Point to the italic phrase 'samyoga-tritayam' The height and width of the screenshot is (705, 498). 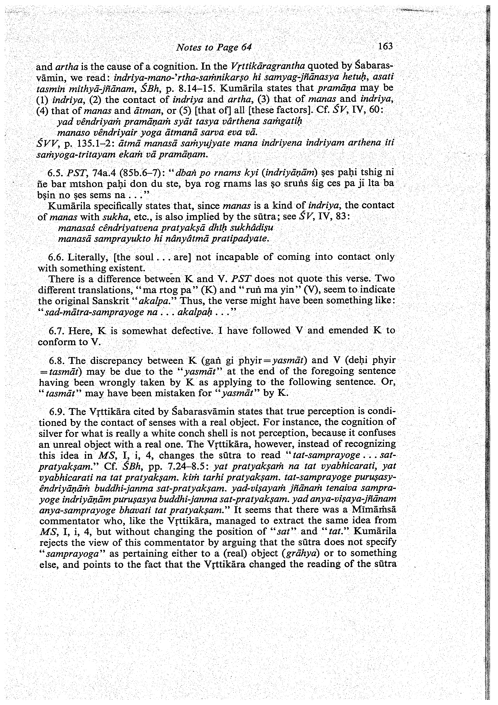click(x=76, y=155)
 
